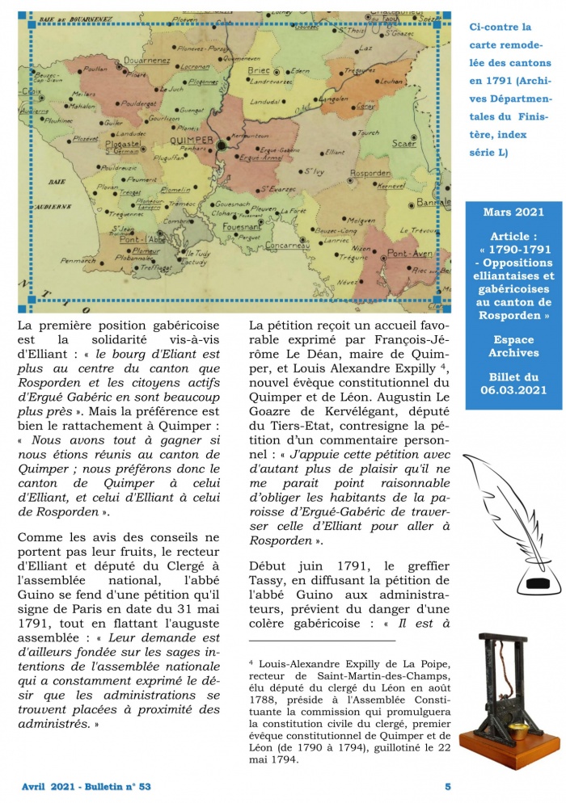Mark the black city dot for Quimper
pos(221,145)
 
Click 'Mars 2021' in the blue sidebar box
pos(513,212)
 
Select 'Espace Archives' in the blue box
pos(514,347)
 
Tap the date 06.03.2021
pos(514,391)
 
